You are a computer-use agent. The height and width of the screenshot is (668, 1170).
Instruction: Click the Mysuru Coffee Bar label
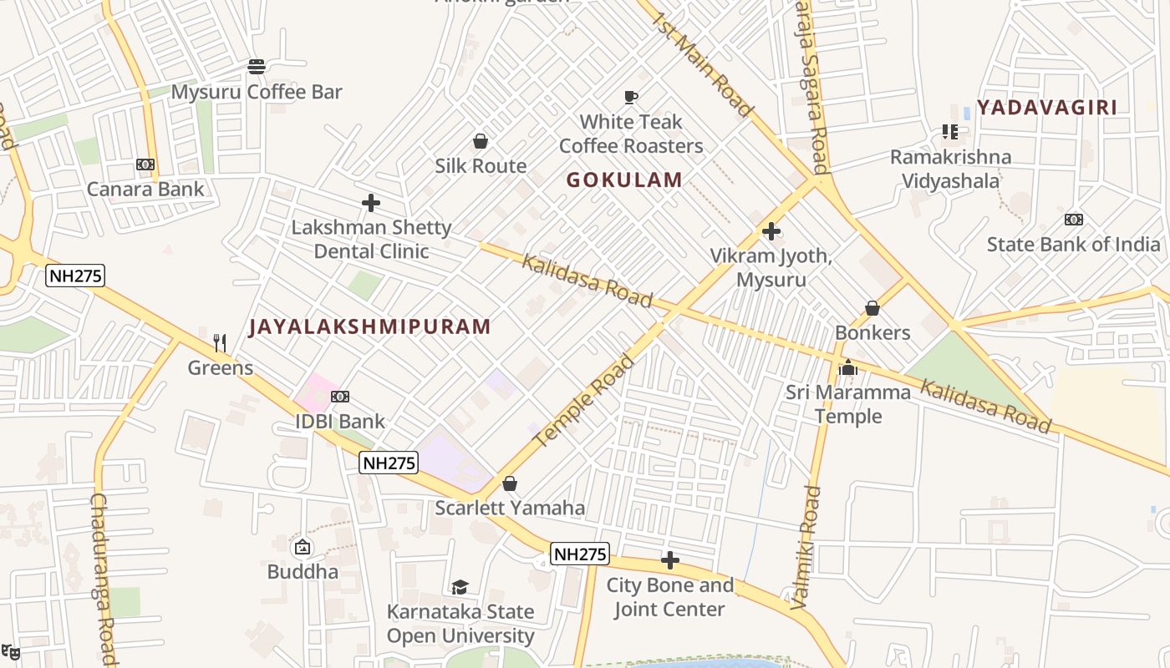[257, 92]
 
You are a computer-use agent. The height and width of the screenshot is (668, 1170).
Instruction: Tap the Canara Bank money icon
[145, 164]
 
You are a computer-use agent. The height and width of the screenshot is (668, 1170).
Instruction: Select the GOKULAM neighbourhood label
[624, 180]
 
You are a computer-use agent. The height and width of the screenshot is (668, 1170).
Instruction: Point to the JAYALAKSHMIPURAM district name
[369, 326]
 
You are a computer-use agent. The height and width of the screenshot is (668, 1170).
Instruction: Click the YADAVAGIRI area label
[1046, 107]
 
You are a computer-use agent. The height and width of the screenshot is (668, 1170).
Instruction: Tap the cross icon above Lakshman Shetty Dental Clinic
[371, 203]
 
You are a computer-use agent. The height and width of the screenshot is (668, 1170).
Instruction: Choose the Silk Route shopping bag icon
[481, 141]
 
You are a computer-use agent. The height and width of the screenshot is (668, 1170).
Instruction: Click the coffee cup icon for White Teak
[631, 98]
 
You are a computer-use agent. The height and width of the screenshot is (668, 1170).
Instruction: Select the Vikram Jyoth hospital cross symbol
[771, 231]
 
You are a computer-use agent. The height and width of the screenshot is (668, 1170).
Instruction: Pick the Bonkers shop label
[872, 332]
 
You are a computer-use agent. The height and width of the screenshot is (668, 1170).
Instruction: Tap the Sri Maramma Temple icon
[848, 367]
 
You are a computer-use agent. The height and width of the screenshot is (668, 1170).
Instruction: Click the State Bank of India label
[1073, 245]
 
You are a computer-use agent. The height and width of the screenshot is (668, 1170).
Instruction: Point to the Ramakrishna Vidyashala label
[950, 169]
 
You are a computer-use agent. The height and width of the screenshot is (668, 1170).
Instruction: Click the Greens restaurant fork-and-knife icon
[220, 342]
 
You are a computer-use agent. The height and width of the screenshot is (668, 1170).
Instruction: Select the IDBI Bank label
[340, 422]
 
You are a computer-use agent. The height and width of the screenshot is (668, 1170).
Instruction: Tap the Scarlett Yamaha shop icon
[510, 483]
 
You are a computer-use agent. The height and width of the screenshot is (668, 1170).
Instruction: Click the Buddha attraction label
[303, 572]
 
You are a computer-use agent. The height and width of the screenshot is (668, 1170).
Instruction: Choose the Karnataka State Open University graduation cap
[460, 587]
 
